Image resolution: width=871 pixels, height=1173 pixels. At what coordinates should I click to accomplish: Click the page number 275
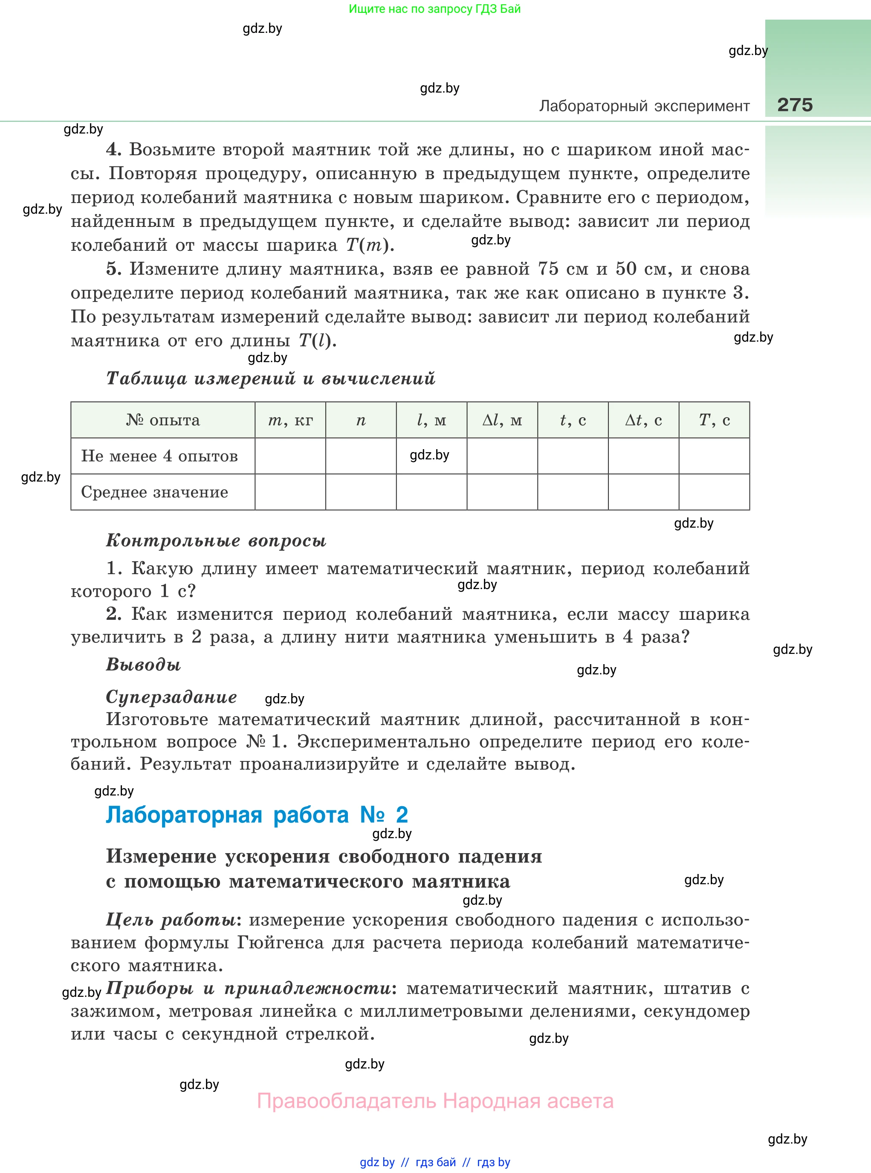click(x=795, y=105)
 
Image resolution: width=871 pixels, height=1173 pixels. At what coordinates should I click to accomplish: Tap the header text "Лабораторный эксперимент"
click(x=644, y=106)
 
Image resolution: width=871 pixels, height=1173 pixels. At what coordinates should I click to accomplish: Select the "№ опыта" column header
click(x=163, y=420)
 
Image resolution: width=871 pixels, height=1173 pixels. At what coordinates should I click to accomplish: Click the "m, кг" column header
click(x=290, y=420)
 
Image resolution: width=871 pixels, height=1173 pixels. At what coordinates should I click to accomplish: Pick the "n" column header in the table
click(x=361, y=420)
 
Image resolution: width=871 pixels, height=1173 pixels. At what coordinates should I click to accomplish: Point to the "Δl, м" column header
click(x=502, y=420)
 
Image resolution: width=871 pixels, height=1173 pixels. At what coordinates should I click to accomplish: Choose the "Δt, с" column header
click(x=643, y=420)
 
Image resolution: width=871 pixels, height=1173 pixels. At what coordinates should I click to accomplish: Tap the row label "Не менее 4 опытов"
click(x=159, y=456)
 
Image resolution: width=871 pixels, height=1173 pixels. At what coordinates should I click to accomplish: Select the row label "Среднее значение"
click(x=154, y=492)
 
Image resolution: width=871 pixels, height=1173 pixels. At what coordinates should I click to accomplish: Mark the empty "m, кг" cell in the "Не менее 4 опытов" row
click(x=290, y=456)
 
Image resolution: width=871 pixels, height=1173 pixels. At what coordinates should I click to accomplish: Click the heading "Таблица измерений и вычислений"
click(x=270, y=379)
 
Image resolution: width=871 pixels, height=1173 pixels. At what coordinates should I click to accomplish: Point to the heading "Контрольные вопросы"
click(x=216, y=540)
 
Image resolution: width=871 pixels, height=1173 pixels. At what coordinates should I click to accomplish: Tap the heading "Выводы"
click(x=143, y=665)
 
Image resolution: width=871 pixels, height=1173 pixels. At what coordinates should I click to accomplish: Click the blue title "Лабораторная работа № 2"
click(x=257, y=815)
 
